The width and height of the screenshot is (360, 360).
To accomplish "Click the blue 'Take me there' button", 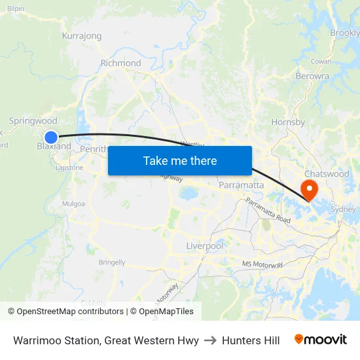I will pyautogui.click(x=180, y=160).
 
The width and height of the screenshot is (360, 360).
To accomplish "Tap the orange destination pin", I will pyautogui.click(x=308, y=190).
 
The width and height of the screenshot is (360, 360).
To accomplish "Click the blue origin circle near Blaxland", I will pyautogui.click(x=51, y=137).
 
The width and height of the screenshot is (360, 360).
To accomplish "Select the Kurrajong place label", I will pyautogui.click(x=81, y=35).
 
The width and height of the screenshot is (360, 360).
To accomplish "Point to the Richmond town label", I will pyautogui.click(x=120, y=63).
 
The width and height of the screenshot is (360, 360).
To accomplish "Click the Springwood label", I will pyautogui.click(x=33, y=121).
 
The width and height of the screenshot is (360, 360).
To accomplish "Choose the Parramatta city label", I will pyautogui.click(x=242, y=185).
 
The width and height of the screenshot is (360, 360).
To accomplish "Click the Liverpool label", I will pyautogui.click(x=205, y=246).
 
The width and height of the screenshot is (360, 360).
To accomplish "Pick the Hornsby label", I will pyautogui.click(x=288, y=122).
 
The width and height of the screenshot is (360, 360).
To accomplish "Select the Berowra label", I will pyautogui.click(x=312, y=76).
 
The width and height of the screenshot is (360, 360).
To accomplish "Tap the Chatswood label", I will pyautogui.click(x=327, y=174).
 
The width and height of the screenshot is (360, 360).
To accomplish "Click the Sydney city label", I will pyautogui.click(x=344, y=209).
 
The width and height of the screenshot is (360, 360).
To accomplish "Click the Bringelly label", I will pyautogui.click(x=112, y=262).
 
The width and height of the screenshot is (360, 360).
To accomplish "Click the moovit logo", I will pyautogui.click(x=321, y=340).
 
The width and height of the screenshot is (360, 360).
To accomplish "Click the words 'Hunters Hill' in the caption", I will pyautogui.click(x=251, y=340).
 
